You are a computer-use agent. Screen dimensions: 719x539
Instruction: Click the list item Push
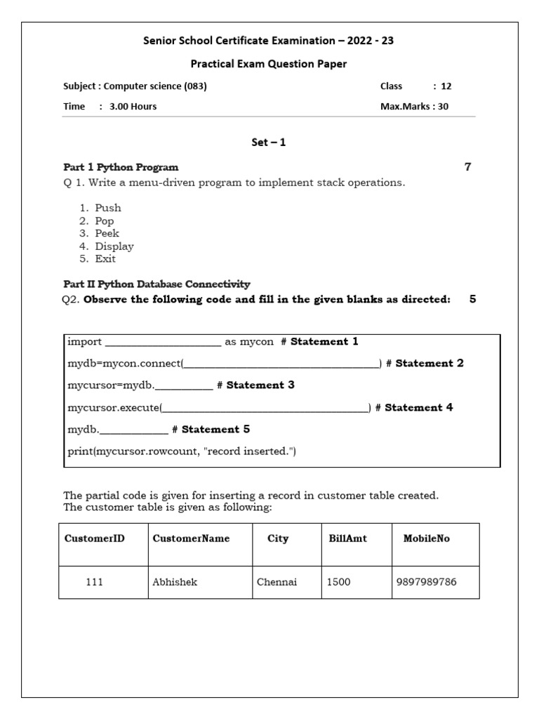108,208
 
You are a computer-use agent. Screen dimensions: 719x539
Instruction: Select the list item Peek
107,233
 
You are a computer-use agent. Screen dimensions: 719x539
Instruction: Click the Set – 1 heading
269,143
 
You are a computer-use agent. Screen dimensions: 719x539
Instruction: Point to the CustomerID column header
94,539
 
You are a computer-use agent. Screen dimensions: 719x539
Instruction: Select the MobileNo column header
426,539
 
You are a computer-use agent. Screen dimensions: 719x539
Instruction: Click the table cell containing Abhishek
175,582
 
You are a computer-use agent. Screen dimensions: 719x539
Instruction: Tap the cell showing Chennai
277,582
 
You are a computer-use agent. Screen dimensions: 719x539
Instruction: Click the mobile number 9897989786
426,582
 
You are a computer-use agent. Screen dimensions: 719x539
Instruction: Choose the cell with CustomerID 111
94,582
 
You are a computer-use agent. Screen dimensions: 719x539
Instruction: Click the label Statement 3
260,385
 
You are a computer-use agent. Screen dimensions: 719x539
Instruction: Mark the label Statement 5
215,429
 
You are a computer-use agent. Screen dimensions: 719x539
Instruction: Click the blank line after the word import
163,343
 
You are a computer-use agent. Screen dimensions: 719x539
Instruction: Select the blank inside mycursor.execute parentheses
265,408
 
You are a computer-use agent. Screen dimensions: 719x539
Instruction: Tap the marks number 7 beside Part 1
467,167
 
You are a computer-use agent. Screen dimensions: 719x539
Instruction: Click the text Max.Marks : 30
414,107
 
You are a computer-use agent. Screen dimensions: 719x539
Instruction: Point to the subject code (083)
195,86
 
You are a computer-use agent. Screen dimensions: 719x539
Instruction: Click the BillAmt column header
347,539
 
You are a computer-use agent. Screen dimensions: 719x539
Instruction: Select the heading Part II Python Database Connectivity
157,284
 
